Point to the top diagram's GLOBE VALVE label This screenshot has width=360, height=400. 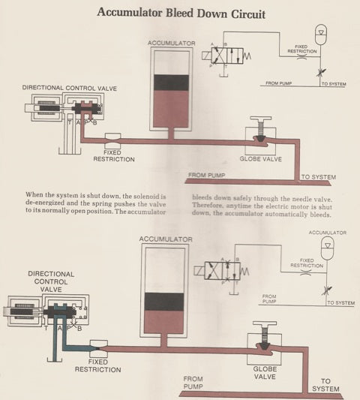click(x=259, y=159)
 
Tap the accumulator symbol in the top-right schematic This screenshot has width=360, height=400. click(x=322, y=35)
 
